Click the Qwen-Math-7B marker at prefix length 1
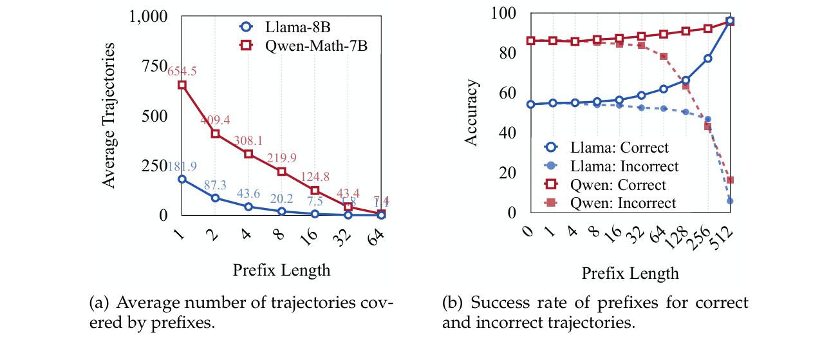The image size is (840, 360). tap(182, 85)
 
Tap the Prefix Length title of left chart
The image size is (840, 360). tap(281, 269)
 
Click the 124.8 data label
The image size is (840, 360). tap(315, 176)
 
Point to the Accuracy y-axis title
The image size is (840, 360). tap(472, 113)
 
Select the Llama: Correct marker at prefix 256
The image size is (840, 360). tap(707, 58)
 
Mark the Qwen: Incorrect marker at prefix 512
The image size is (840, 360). tap(729, 180)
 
